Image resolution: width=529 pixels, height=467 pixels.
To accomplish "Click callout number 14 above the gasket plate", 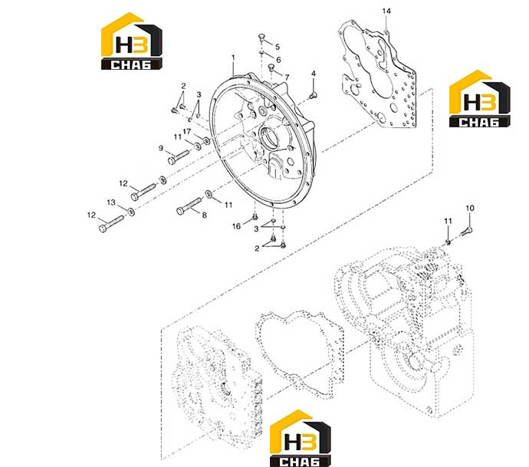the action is [386, 12].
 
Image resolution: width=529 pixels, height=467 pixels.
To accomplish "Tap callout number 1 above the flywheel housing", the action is [233, 58].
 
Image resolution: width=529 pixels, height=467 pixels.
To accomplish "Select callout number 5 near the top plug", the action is [278, 47].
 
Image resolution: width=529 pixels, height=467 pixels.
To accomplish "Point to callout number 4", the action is [314, 74].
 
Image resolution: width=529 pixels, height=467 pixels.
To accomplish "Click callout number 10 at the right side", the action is [470, 208].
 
